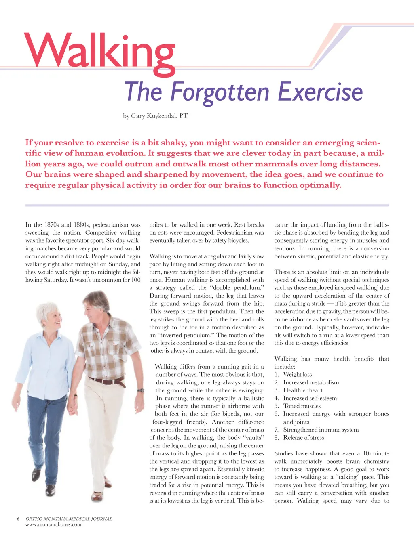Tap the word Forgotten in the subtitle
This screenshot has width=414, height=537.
(x=220, y=92)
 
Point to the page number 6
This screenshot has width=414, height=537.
(x=18, y=519)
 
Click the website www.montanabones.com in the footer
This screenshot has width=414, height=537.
(x=53, y=524)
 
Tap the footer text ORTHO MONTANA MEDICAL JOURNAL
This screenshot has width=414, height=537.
(x=68, y=519)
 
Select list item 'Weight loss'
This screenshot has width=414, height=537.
(x=297, y=375)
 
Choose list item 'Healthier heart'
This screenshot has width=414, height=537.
(x=302, y=390)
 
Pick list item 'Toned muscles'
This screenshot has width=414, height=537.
(x=302, y=406)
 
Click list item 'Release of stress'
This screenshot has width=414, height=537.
(x=303, y=438)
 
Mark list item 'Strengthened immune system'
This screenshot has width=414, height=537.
(x=321, y=430)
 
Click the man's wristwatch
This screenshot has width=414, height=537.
(x=141, y=390)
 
